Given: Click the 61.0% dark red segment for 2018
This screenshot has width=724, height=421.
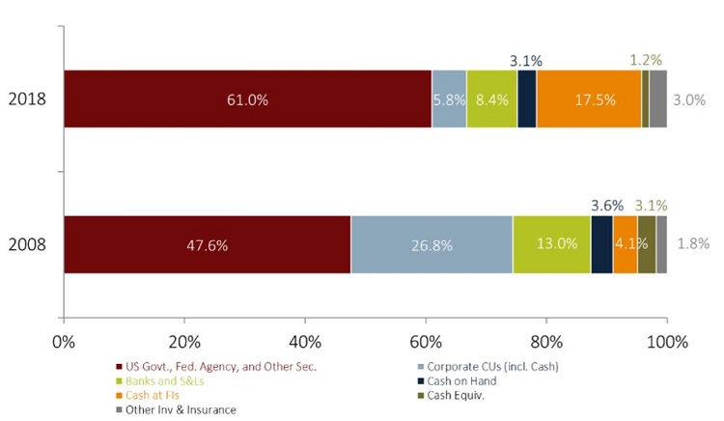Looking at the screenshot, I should click(x=247, y=99).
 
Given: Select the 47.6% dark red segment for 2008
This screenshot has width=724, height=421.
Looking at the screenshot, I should click(x=207, y=245).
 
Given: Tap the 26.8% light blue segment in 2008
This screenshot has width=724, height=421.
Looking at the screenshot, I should click(x=431, y=245).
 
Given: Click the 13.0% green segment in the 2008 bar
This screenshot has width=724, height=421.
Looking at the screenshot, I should click(x=551, y=245).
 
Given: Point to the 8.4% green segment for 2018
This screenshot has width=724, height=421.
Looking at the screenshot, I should click(x=491, y=99).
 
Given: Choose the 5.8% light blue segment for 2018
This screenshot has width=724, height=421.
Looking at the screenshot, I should click(x=449, y=99).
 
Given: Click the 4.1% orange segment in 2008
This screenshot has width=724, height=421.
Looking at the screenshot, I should click(x=625, y=245).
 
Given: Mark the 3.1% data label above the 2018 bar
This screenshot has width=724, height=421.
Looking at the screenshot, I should click(x=527, y=61).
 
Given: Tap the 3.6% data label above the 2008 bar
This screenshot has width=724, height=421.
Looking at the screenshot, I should click(x=607, y=206).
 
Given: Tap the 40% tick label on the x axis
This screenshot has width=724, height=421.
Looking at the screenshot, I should click(x=304, y=341).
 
